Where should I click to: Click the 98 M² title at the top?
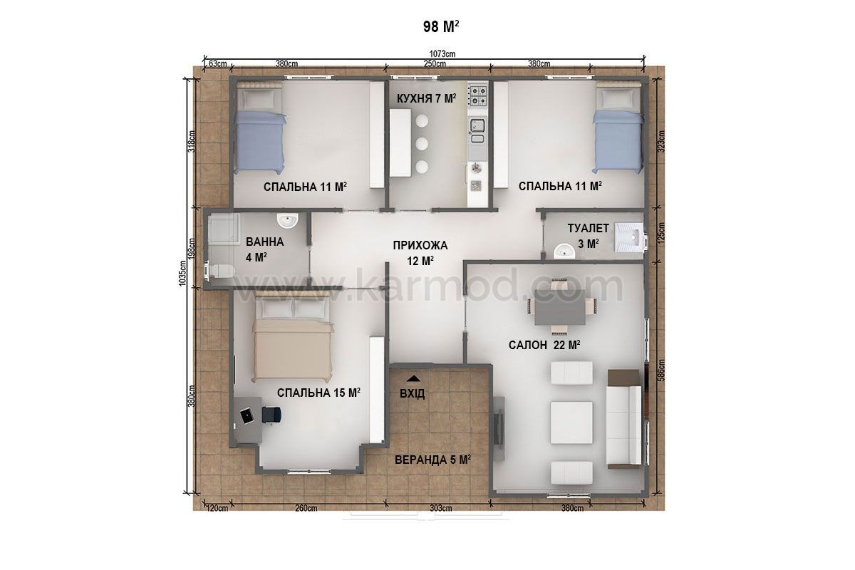click(441, 27)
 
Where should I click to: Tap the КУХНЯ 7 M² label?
click(426, 98)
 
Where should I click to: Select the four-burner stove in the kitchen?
click(478, 95)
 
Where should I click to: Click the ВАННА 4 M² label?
click(264, 249)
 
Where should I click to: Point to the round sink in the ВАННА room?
click(287, 220)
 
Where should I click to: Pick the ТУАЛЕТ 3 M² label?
click(588, 236)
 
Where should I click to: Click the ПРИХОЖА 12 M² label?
click(420, 253)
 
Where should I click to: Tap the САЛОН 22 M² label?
click(544, 345)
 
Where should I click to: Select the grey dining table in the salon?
click(560, 307)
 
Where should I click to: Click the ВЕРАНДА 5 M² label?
click(432, 460)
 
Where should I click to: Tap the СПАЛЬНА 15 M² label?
click(318, 393)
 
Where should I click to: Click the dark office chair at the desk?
click(271, 415)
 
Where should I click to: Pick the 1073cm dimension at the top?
click(442, 54)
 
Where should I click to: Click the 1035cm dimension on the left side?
click(182, 274)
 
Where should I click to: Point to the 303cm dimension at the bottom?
click(441, 508)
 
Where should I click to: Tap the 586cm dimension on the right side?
click(661, 370)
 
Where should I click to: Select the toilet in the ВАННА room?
click(220, 270)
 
